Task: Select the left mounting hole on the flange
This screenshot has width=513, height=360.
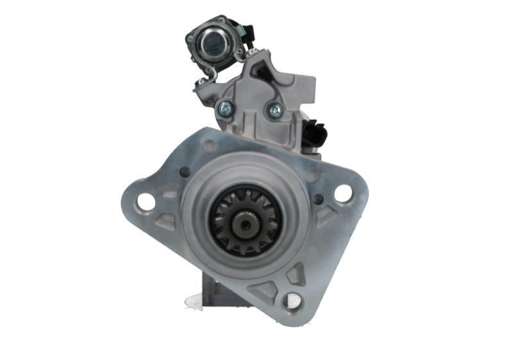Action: (146, 201)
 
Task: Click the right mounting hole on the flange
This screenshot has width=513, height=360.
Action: (343, 193)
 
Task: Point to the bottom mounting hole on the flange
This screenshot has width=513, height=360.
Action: (292, 302)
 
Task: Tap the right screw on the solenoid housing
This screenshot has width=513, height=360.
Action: (274, 110)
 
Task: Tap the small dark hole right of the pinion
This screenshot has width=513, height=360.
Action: (317, 199)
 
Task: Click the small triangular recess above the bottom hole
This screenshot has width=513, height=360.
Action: (296, 274)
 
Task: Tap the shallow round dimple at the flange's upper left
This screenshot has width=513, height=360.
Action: (210, 146)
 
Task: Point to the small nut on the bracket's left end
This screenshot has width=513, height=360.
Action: (201, 82)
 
